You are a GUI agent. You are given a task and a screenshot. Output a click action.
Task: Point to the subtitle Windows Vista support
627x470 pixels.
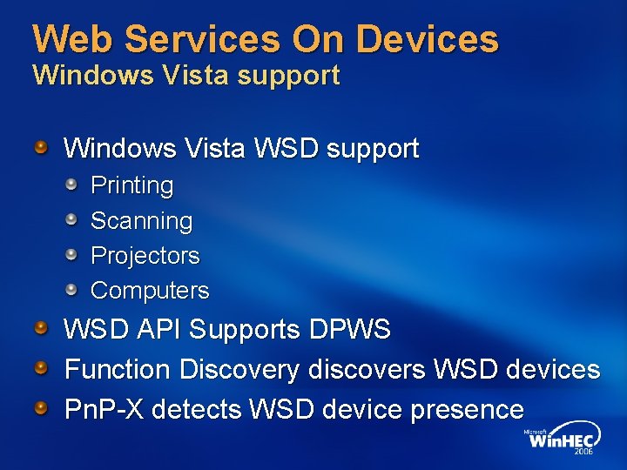(185, 76)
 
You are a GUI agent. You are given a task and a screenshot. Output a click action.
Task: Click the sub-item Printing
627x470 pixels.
(131, 185)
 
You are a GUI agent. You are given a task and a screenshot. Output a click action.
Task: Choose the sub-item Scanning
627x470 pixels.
(141, 221)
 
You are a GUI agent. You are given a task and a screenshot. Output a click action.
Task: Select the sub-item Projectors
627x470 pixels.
(145, 256)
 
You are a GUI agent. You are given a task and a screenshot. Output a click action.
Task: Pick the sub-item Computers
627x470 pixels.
(150, 290)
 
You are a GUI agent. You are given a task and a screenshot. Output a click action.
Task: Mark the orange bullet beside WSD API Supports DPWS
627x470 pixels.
(41, 327)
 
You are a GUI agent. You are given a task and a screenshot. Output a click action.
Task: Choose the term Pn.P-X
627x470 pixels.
(107, 409)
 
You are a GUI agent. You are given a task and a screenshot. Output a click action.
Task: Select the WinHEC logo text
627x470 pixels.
(558, 442)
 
